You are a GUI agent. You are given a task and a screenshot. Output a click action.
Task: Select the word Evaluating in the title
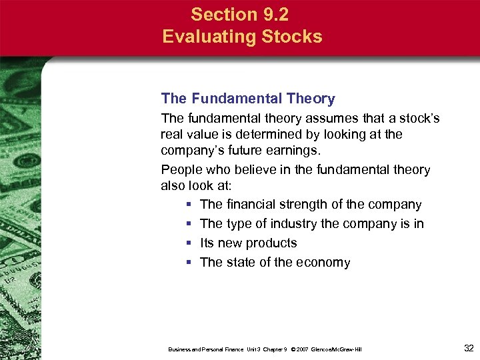[204, 36]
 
